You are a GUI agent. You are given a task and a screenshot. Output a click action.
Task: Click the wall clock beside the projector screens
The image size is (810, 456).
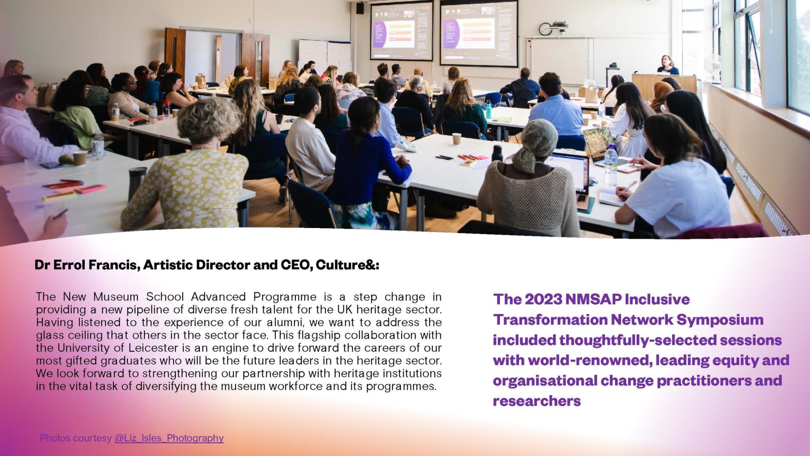[545, 29]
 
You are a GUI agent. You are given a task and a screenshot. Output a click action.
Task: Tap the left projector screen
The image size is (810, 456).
[402, 31]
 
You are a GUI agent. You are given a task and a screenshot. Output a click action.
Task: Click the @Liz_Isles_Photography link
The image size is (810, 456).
[169, 438]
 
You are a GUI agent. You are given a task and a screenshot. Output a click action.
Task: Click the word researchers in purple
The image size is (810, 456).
[537, 401]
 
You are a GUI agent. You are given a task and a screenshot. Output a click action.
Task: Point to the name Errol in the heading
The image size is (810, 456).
[70, 265]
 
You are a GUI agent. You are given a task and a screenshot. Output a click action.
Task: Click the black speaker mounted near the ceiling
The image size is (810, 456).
[360, 8]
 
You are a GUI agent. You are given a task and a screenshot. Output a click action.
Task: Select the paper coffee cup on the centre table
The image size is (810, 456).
[456, 138]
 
